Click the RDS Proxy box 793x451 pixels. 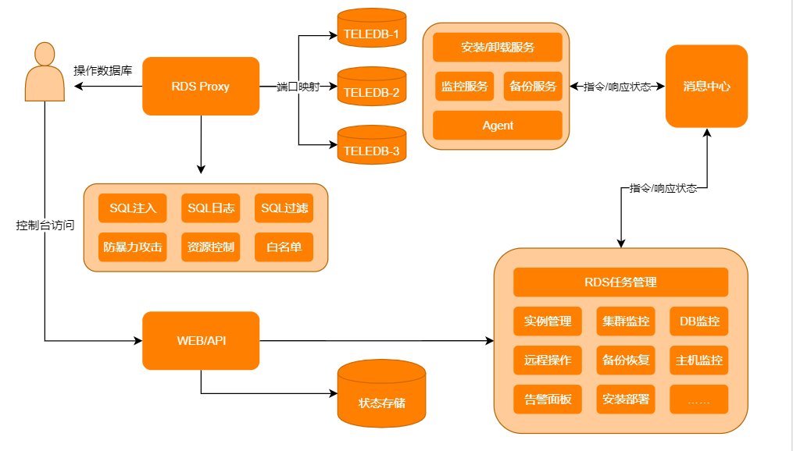pyautogui.click(x=200, y=86)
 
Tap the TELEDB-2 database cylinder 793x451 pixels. pyautogui.click(x=371, y=87)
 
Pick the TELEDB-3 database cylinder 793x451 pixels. pyautogui.click(x=371, y=145)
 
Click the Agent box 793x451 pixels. pyautogui.click(x=498, y=126)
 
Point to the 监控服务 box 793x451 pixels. pyautogui.click(x=464, y=87)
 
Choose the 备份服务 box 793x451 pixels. pyautogui.click(x=533, y=87)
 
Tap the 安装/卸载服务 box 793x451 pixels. pyautogui.click(x=498, y=47)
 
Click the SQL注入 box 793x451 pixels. pyautogui.click(x=133, y=208)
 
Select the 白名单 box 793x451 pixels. pyautogui.click(x=284, y=247)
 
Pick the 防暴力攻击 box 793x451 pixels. pyautogui.click(x=133, y=247)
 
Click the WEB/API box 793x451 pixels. pyautogui.click(x=200, y=340)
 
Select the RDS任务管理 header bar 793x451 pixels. pyautogui.click(x=620, y=282)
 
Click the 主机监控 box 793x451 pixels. pyautogui.click(x=698, y=360)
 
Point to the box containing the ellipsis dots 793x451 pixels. pyautogui.click(x=698, y=400)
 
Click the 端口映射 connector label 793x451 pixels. pyautogui.click(x=298, y=87)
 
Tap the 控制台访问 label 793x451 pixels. pyautogui.click(x=45, y=225)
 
